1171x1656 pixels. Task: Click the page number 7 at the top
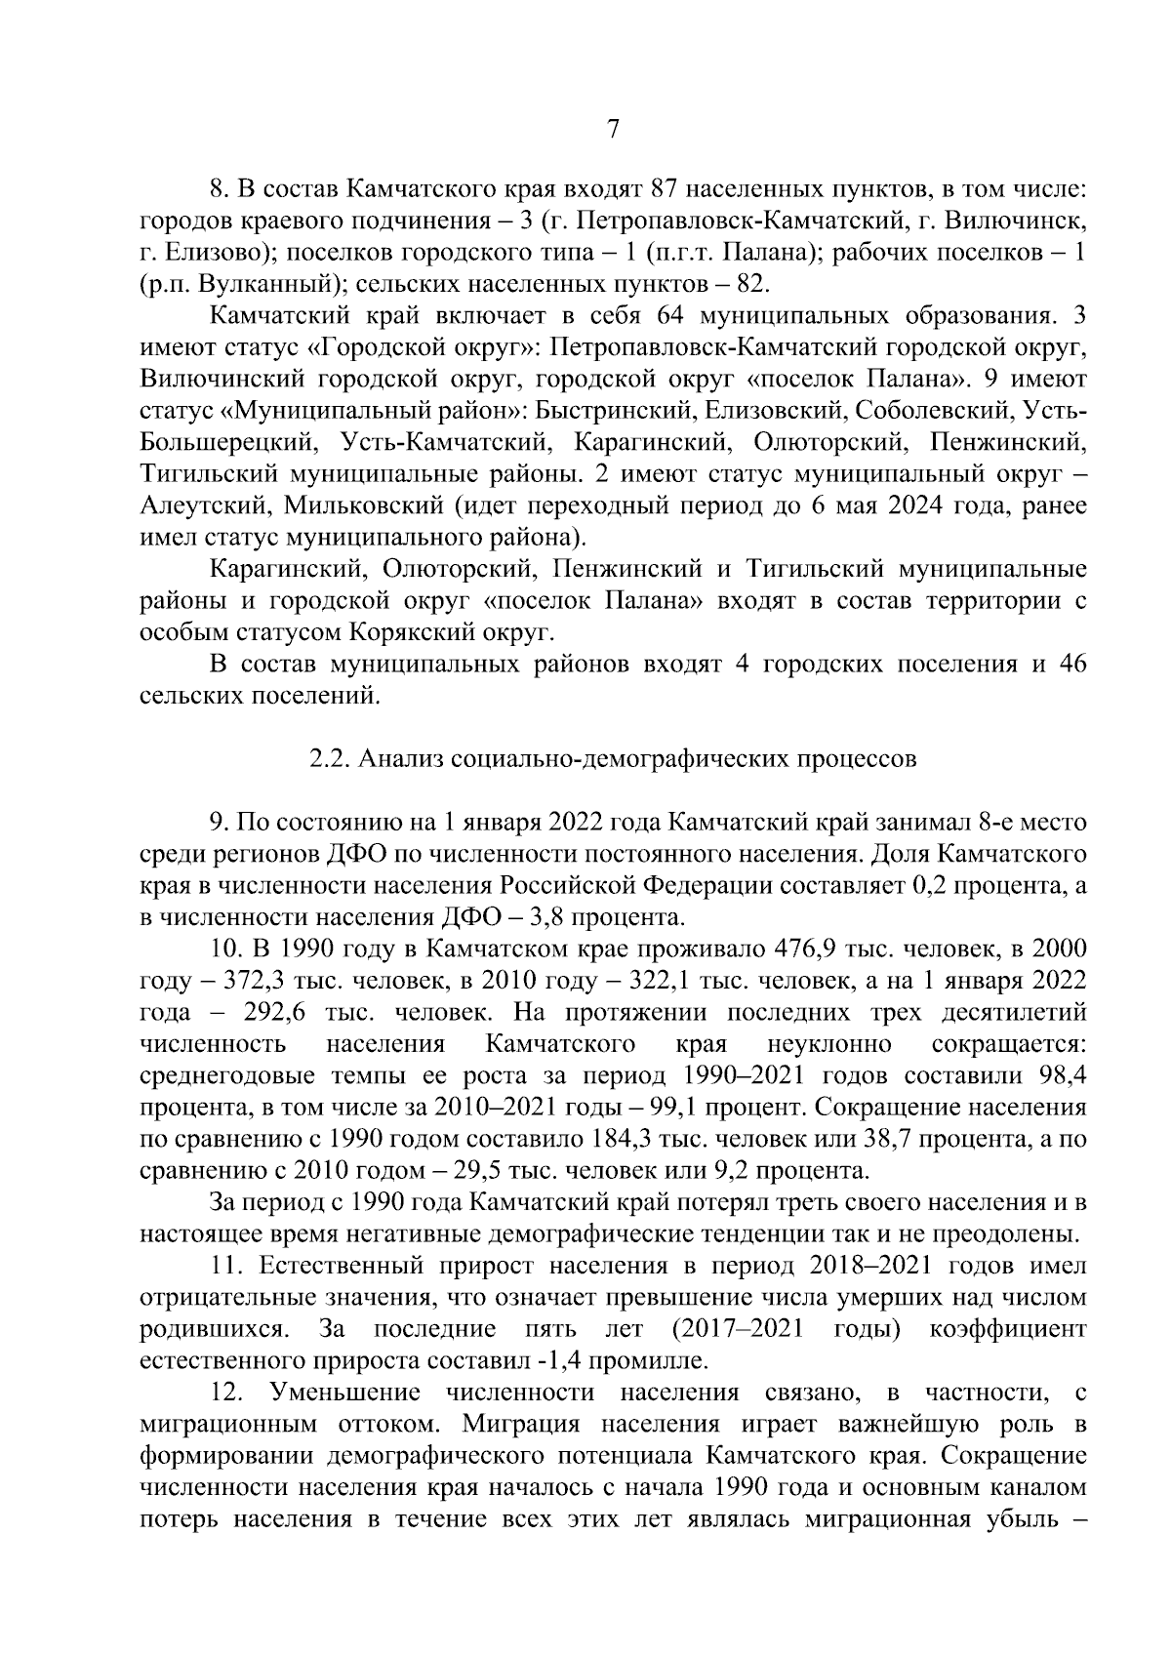(x=613, y=129)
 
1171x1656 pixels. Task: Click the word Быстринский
(x=619, y=411)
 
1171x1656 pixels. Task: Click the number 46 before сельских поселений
(x=1071, y=665)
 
